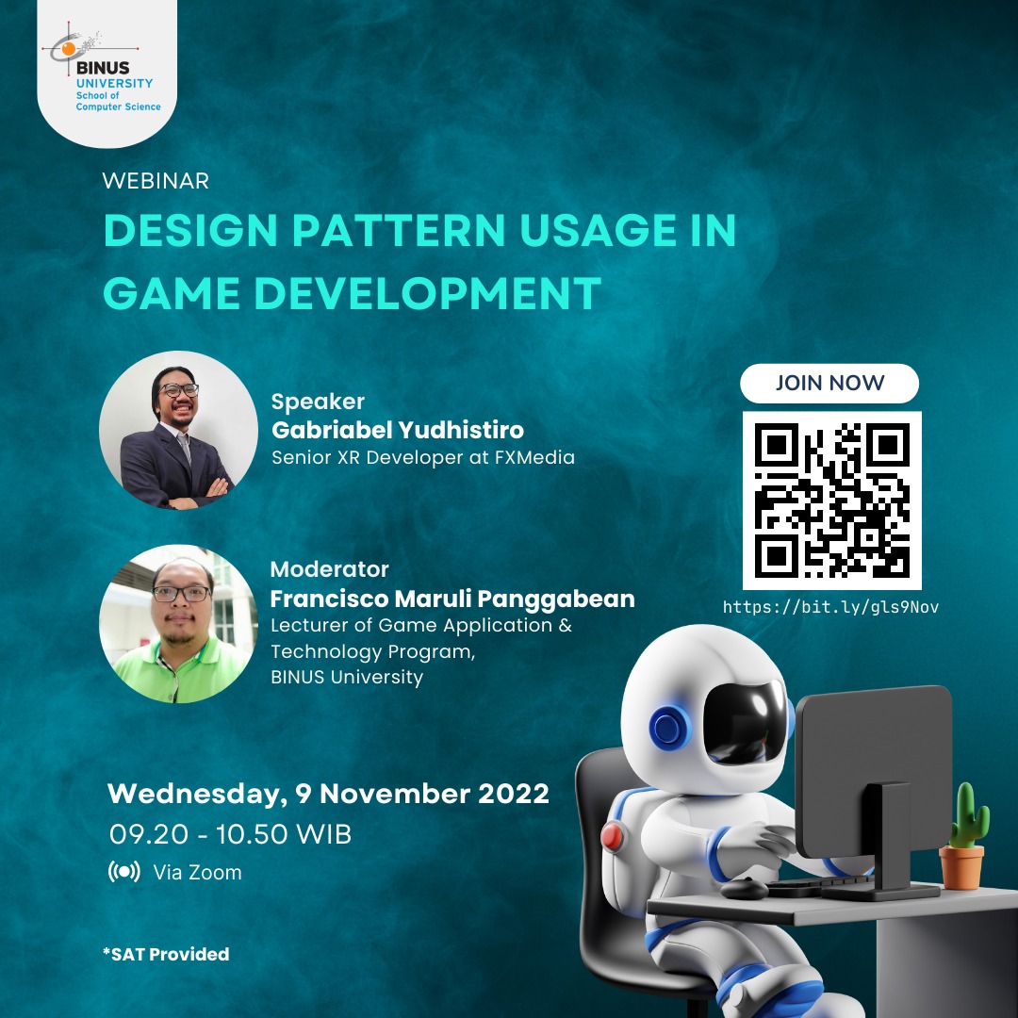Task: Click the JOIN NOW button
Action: click(829, 383)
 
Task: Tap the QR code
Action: click(831, 501)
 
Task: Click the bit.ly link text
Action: click(831, 607)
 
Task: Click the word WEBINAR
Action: click(156, 180)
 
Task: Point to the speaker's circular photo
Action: click(178, 430)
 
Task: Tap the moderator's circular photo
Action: click(178, 623)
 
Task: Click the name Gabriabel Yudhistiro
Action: click(398, 430)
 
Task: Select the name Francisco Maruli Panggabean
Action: click(452, 599)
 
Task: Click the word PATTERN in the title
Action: click(399, 230)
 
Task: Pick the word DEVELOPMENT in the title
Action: click(427, 293)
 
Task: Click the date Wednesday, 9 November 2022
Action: click(329, 794)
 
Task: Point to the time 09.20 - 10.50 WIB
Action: click(231, 834)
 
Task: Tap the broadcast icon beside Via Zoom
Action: click(124, 871)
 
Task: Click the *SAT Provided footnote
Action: click(166, 954)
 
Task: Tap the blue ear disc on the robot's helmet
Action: click(669, 727)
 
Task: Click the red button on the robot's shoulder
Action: click(612, 835)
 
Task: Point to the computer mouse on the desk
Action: click(745, 888)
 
